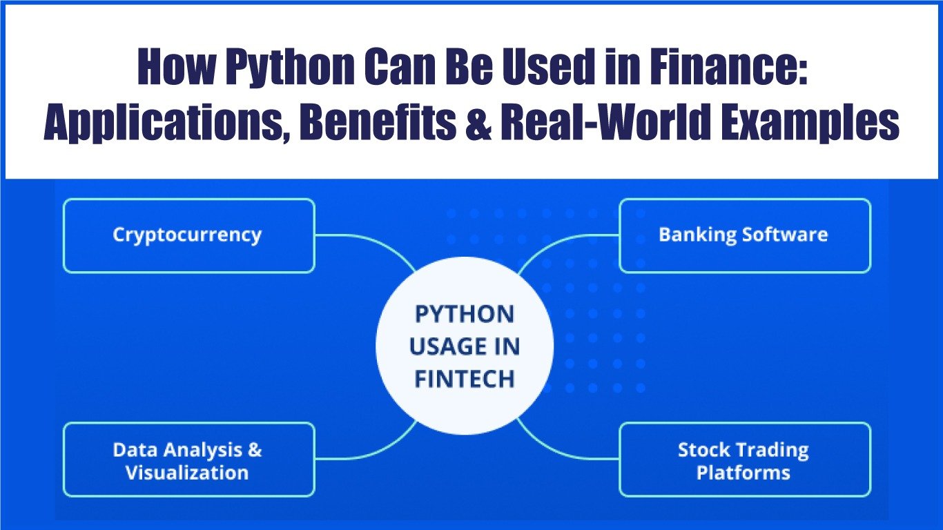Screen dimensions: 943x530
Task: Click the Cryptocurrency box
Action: [189, 236]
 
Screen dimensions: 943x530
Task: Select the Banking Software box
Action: [745, 236]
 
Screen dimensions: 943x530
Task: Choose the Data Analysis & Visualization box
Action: [189, 460]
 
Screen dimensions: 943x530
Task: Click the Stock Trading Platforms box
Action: [745, 460]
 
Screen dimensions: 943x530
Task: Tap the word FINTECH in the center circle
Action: [465, 379]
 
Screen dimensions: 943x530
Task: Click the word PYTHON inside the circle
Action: [465, 314]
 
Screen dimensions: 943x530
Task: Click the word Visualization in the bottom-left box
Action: [187, 472]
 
